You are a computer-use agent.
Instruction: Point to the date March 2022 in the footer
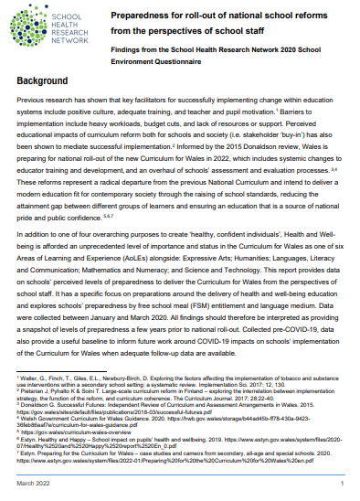(x=36, y=483)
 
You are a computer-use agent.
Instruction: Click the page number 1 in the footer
(x=340, y=483)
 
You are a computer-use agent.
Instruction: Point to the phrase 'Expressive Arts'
(x=211, y=256)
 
